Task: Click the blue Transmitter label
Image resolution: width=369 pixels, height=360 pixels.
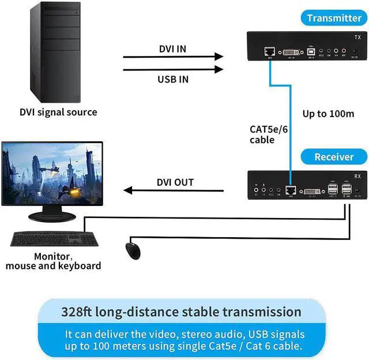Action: click(334, 18)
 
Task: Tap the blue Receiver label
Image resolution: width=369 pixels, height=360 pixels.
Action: click(334, 156)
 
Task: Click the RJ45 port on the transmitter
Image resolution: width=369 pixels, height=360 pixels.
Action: click(269, 52)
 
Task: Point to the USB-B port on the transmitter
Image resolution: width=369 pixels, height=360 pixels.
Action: click(311, 52)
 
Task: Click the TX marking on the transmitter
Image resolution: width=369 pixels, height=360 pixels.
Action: click(357, 37)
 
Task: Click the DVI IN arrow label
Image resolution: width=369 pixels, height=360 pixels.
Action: click(172, 48)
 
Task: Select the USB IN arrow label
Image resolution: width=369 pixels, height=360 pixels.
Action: click(173, 78)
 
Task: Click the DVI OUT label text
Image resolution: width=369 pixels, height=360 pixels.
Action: click(175, 182)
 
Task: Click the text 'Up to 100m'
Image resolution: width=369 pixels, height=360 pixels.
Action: click(328, 113)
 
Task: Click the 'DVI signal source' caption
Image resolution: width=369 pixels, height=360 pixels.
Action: click(59, 112)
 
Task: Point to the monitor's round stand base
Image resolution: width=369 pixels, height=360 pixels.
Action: click(52, 217)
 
